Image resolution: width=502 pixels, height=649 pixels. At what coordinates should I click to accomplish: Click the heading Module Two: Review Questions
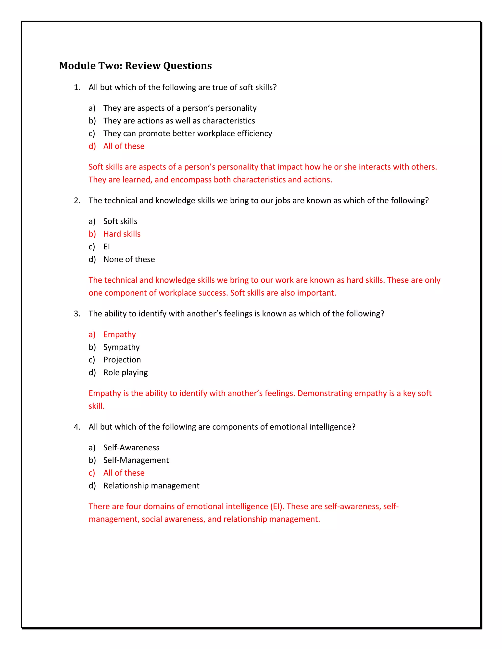135,66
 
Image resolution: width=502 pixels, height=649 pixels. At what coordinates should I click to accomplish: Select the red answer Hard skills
122,234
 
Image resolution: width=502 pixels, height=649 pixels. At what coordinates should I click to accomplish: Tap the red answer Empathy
119,334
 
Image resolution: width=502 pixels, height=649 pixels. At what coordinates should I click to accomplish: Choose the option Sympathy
121,347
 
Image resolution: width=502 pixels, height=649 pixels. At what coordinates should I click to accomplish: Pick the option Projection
122,360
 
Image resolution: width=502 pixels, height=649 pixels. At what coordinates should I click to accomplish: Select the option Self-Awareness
131,447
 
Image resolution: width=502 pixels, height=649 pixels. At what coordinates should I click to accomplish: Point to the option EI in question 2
106,247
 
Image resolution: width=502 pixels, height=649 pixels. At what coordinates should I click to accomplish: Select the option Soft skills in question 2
120,221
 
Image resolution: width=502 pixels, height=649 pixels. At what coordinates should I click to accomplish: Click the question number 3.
77,314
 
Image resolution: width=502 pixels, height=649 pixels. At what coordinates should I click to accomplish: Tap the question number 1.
77,87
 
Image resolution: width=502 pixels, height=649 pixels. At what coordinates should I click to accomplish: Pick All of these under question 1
124,146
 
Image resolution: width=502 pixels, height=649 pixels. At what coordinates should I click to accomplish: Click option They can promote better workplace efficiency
187,133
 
